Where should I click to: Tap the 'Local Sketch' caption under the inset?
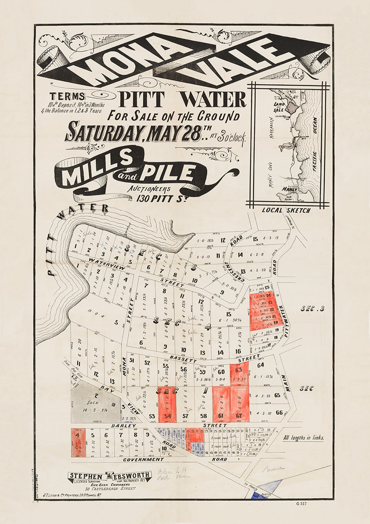[286, 210]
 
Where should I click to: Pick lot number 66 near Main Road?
[279, 412]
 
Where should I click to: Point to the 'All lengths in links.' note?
[303, 438]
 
